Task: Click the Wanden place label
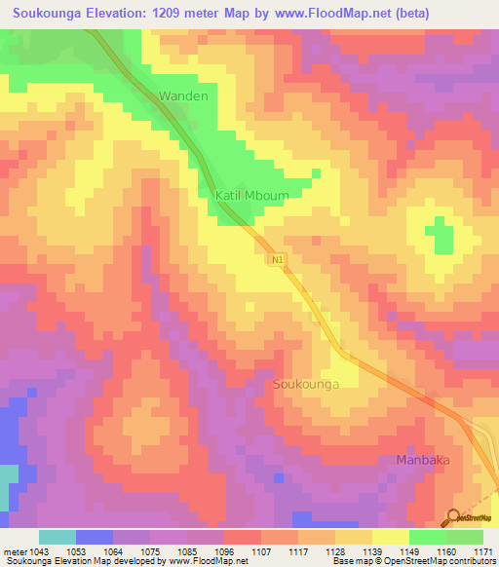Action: click(x=183, y=96)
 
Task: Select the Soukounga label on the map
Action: click(x=306, y=385)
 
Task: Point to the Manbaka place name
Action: click(x=426, y=459)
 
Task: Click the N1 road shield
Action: click(x=278, y=259)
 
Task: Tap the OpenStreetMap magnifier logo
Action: click(x=453, y=517)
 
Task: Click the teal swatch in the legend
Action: click(x=58, y=537)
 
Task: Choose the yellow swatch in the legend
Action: click(x=390, y=537)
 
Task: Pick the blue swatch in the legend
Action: click(x=95, y=537)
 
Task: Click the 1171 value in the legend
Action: click(x=482, y=553)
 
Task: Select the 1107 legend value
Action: click(x=259, y=553)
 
